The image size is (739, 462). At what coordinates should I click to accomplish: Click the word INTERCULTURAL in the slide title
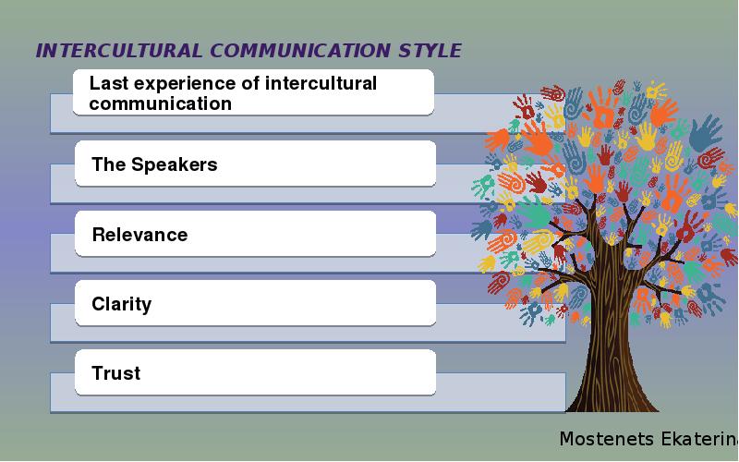coord(119,51)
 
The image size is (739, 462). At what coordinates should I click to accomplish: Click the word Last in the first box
coord(107,83)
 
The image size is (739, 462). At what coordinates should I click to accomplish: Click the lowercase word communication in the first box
coord(160,103)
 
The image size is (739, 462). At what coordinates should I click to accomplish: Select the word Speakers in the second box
coord(174,164)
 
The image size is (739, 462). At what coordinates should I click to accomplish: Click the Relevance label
coord(139,235)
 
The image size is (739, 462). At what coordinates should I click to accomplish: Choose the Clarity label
coord(121,304)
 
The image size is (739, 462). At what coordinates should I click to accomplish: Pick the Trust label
coord(116,373)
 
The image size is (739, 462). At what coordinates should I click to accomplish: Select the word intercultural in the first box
coord(321,83)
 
